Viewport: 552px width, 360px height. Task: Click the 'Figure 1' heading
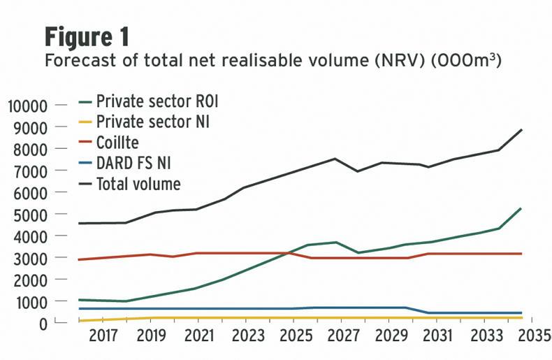coord(87,36)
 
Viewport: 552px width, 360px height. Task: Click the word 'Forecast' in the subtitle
coord(76,61)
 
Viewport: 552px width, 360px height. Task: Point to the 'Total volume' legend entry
coord(138,185)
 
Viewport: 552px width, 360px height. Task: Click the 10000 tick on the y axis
coord(27,106)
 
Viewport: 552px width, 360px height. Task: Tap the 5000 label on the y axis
coord(31,215)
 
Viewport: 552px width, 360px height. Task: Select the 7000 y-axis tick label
coord(31,171)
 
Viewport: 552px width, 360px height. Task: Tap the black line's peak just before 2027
coord(335,159)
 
